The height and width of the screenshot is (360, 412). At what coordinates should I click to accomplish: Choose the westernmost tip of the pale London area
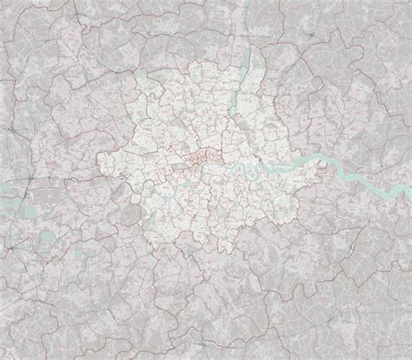tap(97, 157)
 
